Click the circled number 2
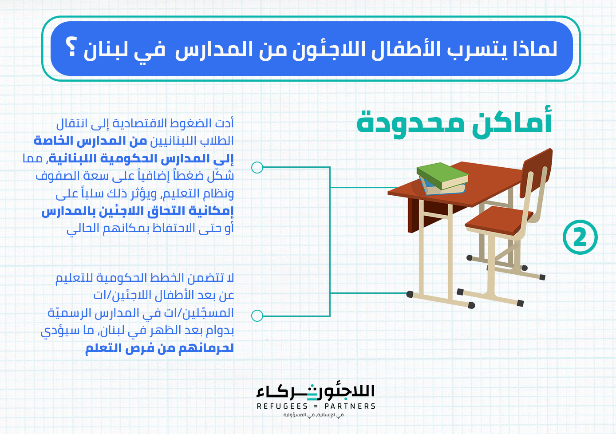click(580, 237)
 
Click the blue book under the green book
click(442, 189)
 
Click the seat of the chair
click(498, 220)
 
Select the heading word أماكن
click(512, 122)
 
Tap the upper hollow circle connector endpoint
click(257, 167)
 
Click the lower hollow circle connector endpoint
click(257, 316)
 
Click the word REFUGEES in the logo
click(282, 406)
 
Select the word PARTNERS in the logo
click(350, 406)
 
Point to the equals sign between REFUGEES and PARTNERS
click(316, 406)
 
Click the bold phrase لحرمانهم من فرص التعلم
click(159, 348)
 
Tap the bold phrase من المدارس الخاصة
click(90, 141)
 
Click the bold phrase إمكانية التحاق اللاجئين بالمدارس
click(138, 211)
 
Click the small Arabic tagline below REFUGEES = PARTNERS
click(313, 415)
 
